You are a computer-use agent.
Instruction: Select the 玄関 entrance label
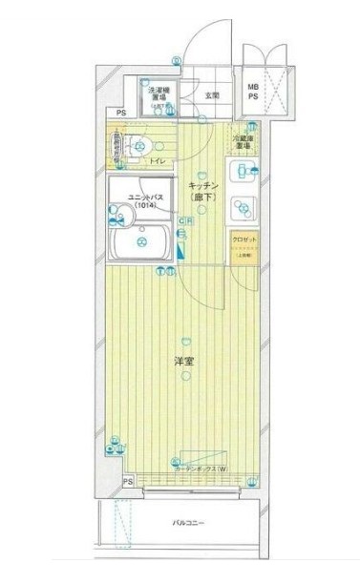click(211, 95)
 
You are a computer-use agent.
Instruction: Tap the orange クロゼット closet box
click(241, 246)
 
